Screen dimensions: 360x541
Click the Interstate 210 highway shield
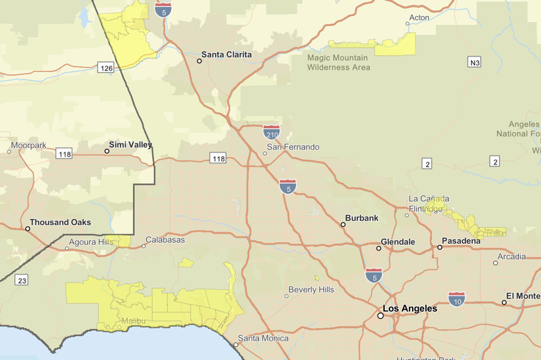[271, 131]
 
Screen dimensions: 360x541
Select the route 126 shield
[106, 67]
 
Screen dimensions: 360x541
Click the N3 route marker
[474, 62]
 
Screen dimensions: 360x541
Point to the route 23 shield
[23, 281]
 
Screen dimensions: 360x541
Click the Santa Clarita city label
[227, 55]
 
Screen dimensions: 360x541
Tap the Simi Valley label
[131, 145]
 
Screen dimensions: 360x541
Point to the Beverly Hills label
[311, 290]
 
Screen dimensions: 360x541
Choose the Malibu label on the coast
[133, 321]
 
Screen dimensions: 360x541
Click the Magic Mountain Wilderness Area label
[338, 63]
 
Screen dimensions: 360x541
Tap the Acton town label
[419, 17]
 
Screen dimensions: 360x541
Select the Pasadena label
[461, 240]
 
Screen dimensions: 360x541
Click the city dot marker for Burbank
[343, 224]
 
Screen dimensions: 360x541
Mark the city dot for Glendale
[379, 248]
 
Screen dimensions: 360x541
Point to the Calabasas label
[165, 240]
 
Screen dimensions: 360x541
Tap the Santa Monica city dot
[236, 345]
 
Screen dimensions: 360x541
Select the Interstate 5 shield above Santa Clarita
[162, 9]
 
